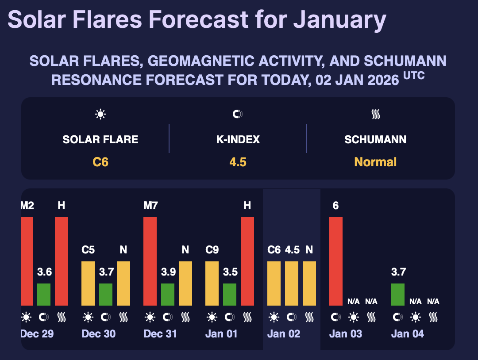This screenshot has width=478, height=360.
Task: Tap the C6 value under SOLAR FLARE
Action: pyautogui.click(x=100, y=162)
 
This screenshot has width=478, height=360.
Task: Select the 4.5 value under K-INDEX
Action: pyautogui.click(x=238, y=162)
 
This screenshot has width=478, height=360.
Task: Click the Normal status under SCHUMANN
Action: pyautogui.click(x=375, y=162)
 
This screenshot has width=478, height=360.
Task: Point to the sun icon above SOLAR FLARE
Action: pyautogui.click(x=100, y=115)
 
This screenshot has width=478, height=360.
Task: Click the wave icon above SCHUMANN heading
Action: pyautogui.click(x=375, y=115)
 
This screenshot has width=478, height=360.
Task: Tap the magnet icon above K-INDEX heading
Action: pyautogui.click(x=238, y=115)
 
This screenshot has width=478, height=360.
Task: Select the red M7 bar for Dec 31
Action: pyautogui.click(x=150, y=261)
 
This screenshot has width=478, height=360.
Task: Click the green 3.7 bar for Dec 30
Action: pyautogui.click(x=106, y=294)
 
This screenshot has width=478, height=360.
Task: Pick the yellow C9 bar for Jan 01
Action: pyautogui.click(x=212, y=283)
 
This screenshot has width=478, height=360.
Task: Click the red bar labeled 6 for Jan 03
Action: pyautogui.click(x=336, y=261)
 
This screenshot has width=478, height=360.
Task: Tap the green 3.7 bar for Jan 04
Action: pyautogui.click(x=398, y=294)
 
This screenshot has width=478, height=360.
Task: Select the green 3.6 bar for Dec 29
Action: pyautogui.click(x=44, y=294)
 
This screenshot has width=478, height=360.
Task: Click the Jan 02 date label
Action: pyautogui.click(x=284, y=334)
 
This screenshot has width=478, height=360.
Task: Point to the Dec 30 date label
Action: pyautogui.click(x=99, y=334)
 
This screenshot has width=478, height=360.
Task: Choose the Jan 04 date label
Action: pyautogui.click(x=408, y=334)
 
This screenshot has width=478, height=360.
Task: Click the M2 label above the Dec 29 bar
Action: pyautogui.click(x=27, y=206)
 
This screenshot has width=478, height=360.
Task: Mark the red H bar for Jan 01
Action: pyautogui.click(x=247, y=261)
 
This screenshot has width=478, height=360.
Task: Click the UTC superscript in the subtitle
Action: pyautogui.click(x=414, y=76)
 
